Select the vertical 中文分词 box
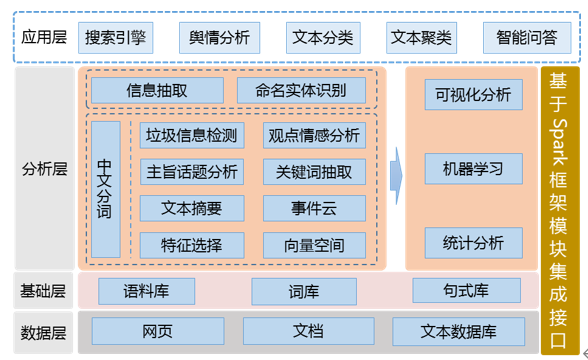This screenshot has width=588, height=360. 105,189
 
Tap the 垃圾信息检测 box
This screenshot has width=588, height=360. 191,136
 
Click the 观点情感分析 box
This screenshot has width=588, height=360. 314,136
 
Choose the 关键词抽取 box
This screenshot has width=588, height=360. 314,172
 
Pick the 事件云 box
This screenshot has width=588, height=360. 314,208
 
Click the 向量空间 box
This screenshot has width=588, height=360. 314,245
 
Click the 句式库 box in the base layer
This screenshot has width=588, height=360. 466,291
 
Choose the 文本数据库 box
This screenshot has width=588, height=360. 458,331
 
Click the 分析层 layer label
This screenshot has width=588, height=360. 44,168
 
